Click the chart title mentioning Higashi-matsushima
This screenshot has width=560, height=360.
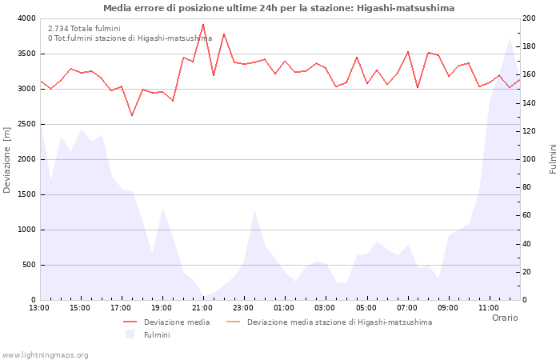(x=278, y=8)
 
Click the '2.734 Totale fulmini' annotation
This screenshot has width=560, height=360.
(x=84, y=28)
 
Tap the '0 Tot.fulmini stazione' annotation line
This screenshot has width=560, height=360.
(x=130, y=38)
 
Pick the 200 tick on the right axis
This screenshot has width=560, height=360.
(x=530, y=18)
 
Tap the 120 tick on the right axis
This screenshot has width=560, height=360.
(x=530, y=131)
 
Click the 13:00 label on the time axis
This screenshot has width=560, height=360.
(x=39, y=307)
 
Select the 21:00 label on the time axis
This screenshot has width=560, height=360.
(x=202, y=307)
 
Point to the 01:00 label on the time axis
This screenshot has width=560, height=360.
(x=284, y=307)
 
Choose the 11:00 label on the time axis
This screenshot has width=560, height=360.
(x=489, y=307)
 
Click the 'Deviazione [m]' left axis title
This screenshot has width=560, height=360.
(x=8, y=159)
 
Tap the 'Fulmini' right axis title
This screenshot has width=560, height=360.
(x=552, y=159)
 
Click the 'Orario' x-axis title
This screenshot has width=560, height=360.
(x=504, y=318)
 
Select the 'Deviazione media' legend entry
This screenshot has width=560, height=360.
(x=177, y=322)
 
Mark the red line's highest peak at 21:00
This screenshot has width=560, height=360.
(x=203, y=24)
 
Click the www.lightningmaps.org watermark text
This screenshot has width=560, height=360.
(x=46, y=354)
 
